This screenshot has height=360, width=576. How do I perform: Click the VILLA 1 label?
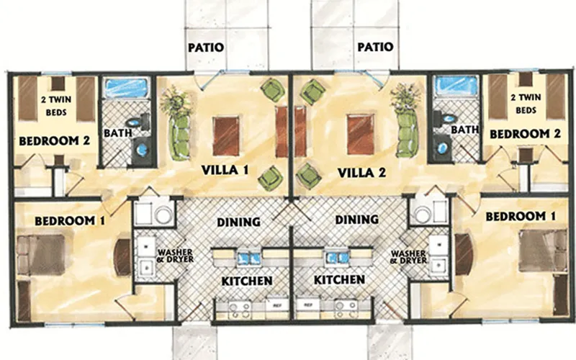coord(225,170)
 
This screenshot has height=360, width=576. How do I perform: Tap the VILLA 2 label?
coord(361,172)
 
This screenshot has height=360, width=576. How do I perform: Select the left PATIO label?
coord(206,48)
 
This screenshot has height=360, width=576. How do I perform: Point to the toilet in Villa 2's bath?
coord(444,118)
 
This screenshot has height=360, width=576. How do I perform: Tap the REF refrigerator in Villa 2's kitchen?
coord(308,305)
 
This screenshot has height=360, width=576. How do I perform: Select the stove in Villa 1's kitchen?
coord(240,310)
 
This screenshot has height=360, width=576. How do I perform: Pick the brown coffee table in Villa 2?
coord(361,134)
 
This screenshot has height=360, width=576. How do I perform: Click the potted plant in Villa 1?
coord(176,100)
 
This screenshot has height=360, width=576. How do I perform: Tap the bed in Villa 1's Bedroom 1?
coord(41,254)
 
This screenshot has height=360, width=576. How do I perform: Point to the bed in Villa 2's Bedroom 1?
coord(543,251)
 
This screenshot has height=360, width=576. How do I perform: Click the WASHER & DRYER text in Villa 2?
coord(409,257)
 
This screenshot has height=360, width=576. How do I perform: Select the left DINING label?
coord(239,222)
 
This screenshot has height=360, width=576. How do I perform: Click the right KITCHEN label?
coord(339,279)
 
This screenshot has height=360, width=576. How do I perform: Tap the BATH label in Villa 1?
coord(117,132)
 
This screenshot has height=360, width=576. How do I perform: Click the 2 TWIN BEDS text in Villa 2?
coord(526,104)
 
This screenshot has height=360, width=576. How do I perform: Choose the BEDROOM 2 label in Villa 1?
coord(55,140)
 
